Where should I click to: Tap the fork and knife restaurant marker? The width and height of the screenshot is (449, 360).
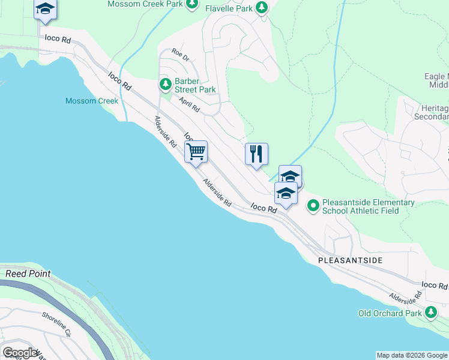pyautogui.click(x=256, y=154)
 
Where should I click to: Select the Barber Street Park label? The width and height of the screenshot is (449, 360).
pyautogui.click(x=195, y=86)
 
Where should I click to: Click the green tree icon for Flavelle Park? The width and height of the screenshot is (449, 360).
pyautogui.click(x=261, y=8)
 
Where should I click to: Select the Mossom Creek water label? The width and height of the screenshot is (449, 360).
pyautogui.click(x=92, y=101)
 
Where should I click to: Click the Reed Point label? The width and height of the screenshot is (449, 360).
pyautogui.click(x=28, y=274)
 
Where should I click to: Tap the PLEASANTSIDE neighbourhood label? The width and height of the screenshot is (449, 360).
pyautogui.click(x=350, y=261)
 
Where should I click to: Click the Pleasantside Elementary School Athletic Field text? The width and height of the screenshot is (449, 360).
pyautogui.click(x=368, y=206)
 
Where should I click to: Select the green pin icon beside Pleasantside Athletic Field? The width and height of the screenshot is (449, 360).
pyautogui.click(x=313, y=206)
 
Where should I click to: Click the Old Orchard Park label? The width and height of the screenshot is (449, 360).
pyautogui.click(x=390, y=313)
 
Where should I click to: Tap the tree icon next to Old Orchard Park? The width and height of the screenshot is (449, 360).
pyautogui.click(x=431, y=313)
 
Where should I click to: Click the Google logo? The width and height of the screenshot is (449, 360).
pyautogui.click(x=20, y=353)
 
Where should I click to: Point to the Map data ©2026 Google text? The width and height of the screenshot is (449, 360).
pyautogui.click(x=412, y=355)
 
